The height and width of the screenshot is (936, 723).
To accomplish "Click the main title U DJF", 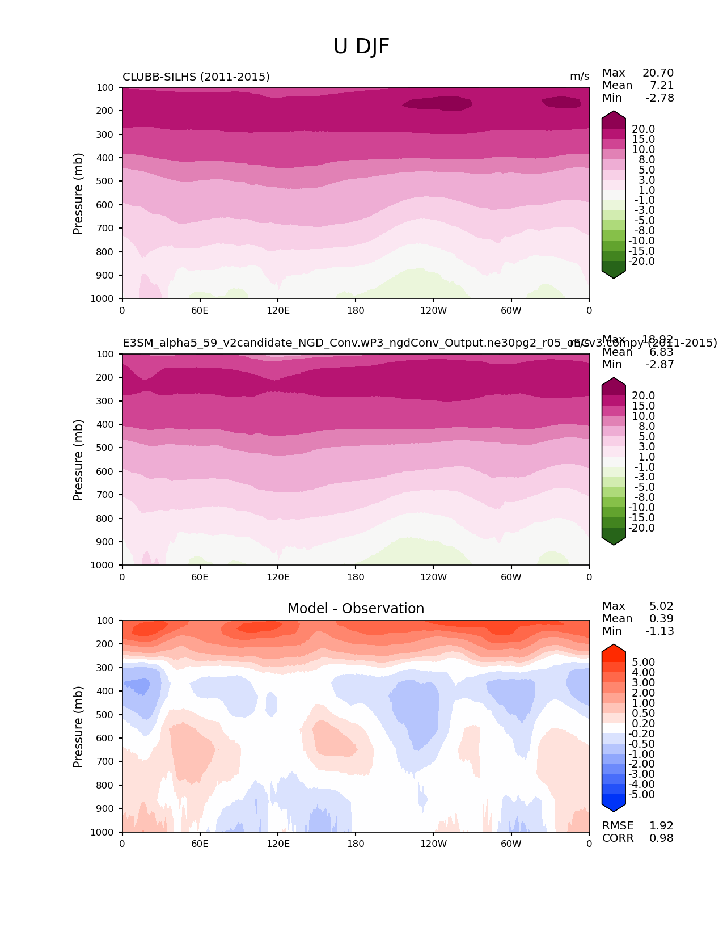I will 361,47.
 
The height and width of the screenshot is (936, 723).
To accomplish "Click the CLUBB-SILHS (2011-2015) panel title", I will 196,77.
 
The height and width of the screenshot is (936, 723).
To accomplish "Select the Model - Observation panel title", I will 356,609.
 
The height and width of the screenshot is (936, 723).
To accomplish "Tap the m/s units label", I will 580,77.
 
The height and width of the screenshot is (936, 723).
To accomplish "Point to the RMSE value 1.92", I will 661,826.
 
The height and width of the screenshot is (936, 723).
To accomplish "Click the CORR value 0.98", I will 661,838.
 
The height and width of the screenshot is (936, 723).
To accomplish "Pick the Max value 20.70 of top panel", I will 658,73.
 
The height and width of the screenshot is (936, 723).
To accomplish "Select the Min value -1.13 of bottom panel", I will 659,631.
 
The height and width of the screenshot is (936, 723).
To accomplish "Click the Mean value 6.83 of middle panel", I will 661,352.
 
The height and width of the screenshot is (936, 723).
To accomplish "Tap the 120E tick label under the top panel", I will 278,311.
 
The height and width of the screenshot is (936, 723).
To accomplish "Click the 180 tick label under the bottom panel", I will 356,844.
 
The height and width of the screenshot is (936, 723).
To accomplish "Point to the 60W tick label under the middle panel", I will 511,577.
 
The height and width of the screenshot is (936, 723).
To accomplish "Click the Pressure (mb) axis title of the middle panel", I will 78,460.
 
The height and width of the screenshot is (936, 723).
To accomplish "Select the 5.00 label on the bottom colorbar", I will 643,663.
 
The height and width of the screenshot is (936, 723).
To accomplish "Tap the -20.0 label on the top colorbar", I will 642,262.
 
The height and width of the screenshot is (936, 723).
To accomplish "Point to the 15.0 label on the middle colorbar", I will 643,406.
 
